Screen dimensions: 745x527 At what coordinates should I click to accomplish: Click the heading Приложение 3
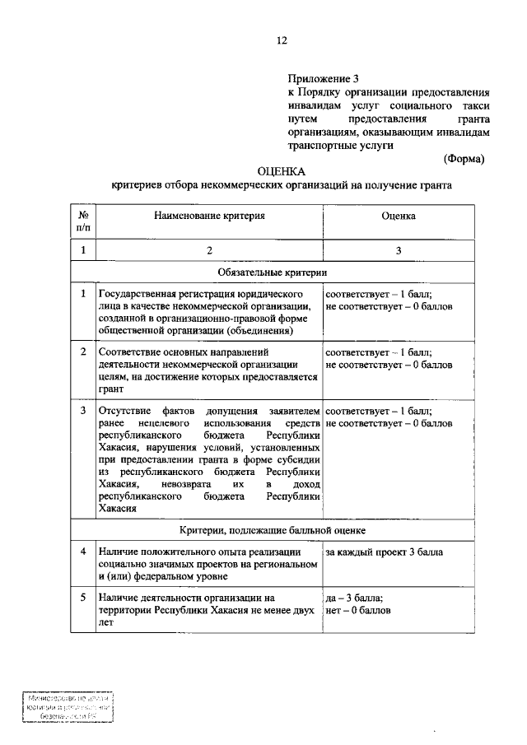(x=324, y=79)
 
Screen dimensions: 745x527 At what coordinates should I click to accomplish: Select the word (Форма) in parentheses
(x=464, y=158)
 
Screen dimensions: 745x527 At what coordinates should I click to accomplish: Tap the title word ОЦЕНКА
(x=281, y=172)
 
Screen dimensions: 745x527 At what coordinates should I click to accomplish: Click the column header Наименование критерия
(x=209, y=216)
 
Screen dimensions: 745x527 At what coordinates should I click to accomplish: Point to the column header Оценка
(x=398, y=216)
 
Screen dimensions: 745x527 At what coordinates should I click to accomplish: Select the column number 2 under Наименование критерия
(x=209, y=250)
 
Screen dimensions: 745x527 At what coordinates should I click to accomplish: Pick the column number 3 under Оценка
(x=398, y=250)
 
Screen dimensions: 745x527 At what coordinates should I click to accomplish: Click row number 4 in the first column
(x=83, y=552)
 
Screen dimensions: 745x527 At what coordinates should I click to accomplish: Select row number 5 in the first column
(x=83, y=598)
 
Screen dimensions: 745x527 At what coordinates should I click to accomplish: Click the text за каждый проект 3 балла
(x=384, y=552)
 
